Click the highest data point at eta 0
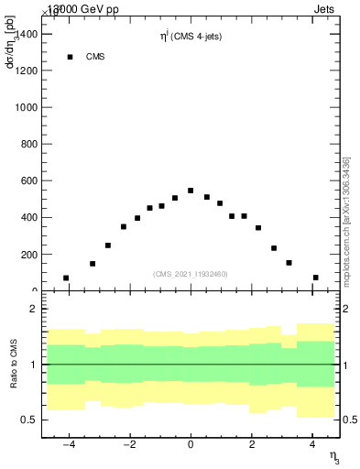coord(191,191)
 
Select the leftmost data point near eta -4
coord(66,278)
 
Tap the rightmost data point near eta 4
coord(315,278)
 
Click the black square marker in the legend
coord(70,57)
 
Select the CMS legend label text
coord(95,57)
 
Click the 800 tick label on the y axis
coord(28,144)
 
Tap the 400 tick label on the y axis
coord(28,217)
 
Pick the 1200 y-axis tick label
coord(26,71)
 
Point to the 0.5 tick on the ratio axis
coord(27,420)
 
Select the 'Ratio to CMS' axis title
coord(13,365)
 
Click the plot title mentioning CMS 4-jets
coord(190,37)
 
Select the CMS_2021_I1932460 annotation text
coord(190,273)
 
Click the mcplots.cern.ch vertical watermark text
coord(347,220)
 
